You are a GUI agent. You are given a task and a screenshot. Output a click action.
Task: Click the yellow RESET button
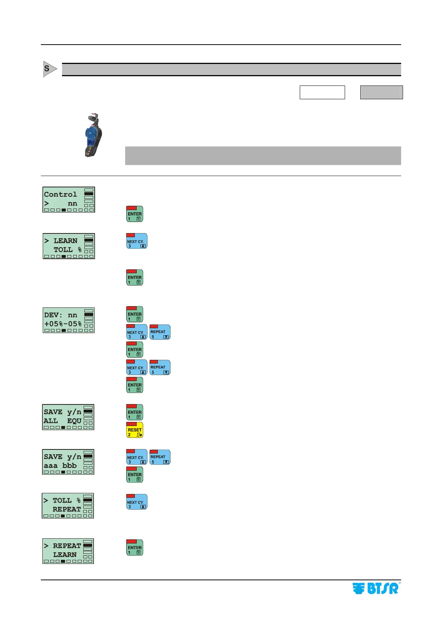pyautogui.click(x=134, y=430)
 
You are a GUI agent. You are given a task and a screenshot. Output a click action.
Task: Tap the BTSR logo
pyautogui.click(x=376, y=588)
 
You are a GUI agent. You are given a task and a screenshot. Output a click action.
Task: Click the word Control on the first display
pyautogui.click(x=61, y=194)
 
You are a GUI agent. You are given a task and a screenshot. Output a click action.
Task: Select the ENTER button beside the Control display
pyautogui.click(x=134, y=214)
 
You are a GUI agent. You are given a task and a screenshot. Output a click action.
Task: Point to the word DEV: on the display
pyautogui.click(x=53, y=315)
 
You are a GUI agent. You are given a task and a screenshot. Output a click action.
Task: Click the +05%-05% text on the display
pyautogui.click(x=63, y=324)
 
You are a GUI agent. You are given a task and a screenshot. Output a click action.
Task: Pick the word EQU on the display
pyautogui.click(x=74, y=421)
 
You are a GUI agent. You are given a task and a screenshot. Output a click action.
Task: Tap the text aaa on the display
pyautogui.click(x=51, y=465)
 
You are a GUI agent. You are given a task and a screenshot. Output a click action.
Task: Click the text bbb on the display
pyautogui.click(x=69, y=465)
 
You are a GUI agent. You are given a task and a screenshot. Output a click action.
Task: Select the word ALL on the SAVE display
pyautogui.click(x=51, y=421)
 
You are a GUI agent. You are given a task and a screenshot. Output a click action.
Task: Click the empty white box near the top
pyautogui.click(x=322, y=92)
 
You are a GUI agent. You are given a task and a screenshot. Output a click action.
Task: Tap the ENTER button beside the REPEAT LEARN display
pyautogui.click(x=134, y=548)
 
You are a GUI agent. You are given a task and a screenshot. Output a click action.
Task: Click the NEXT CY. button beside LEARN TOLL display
pyautogui.click(x=137, y=241)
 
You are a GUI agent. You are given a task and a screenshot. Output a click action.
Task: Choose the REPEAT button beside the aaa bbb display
pyautogui.click(x=160, y=457)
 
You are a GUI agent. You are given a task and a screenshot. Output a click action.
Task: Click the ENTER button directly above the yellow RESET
pyautogui.click(x=134, y=412)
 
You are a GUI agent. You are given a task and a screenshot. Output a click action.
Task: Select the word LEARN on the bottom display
pyautogui.click(x=65, y=555)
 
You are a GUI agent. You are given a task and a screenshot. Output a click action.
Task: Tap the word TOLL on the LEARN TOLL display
pyautogui.click(x=63, y=250)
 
